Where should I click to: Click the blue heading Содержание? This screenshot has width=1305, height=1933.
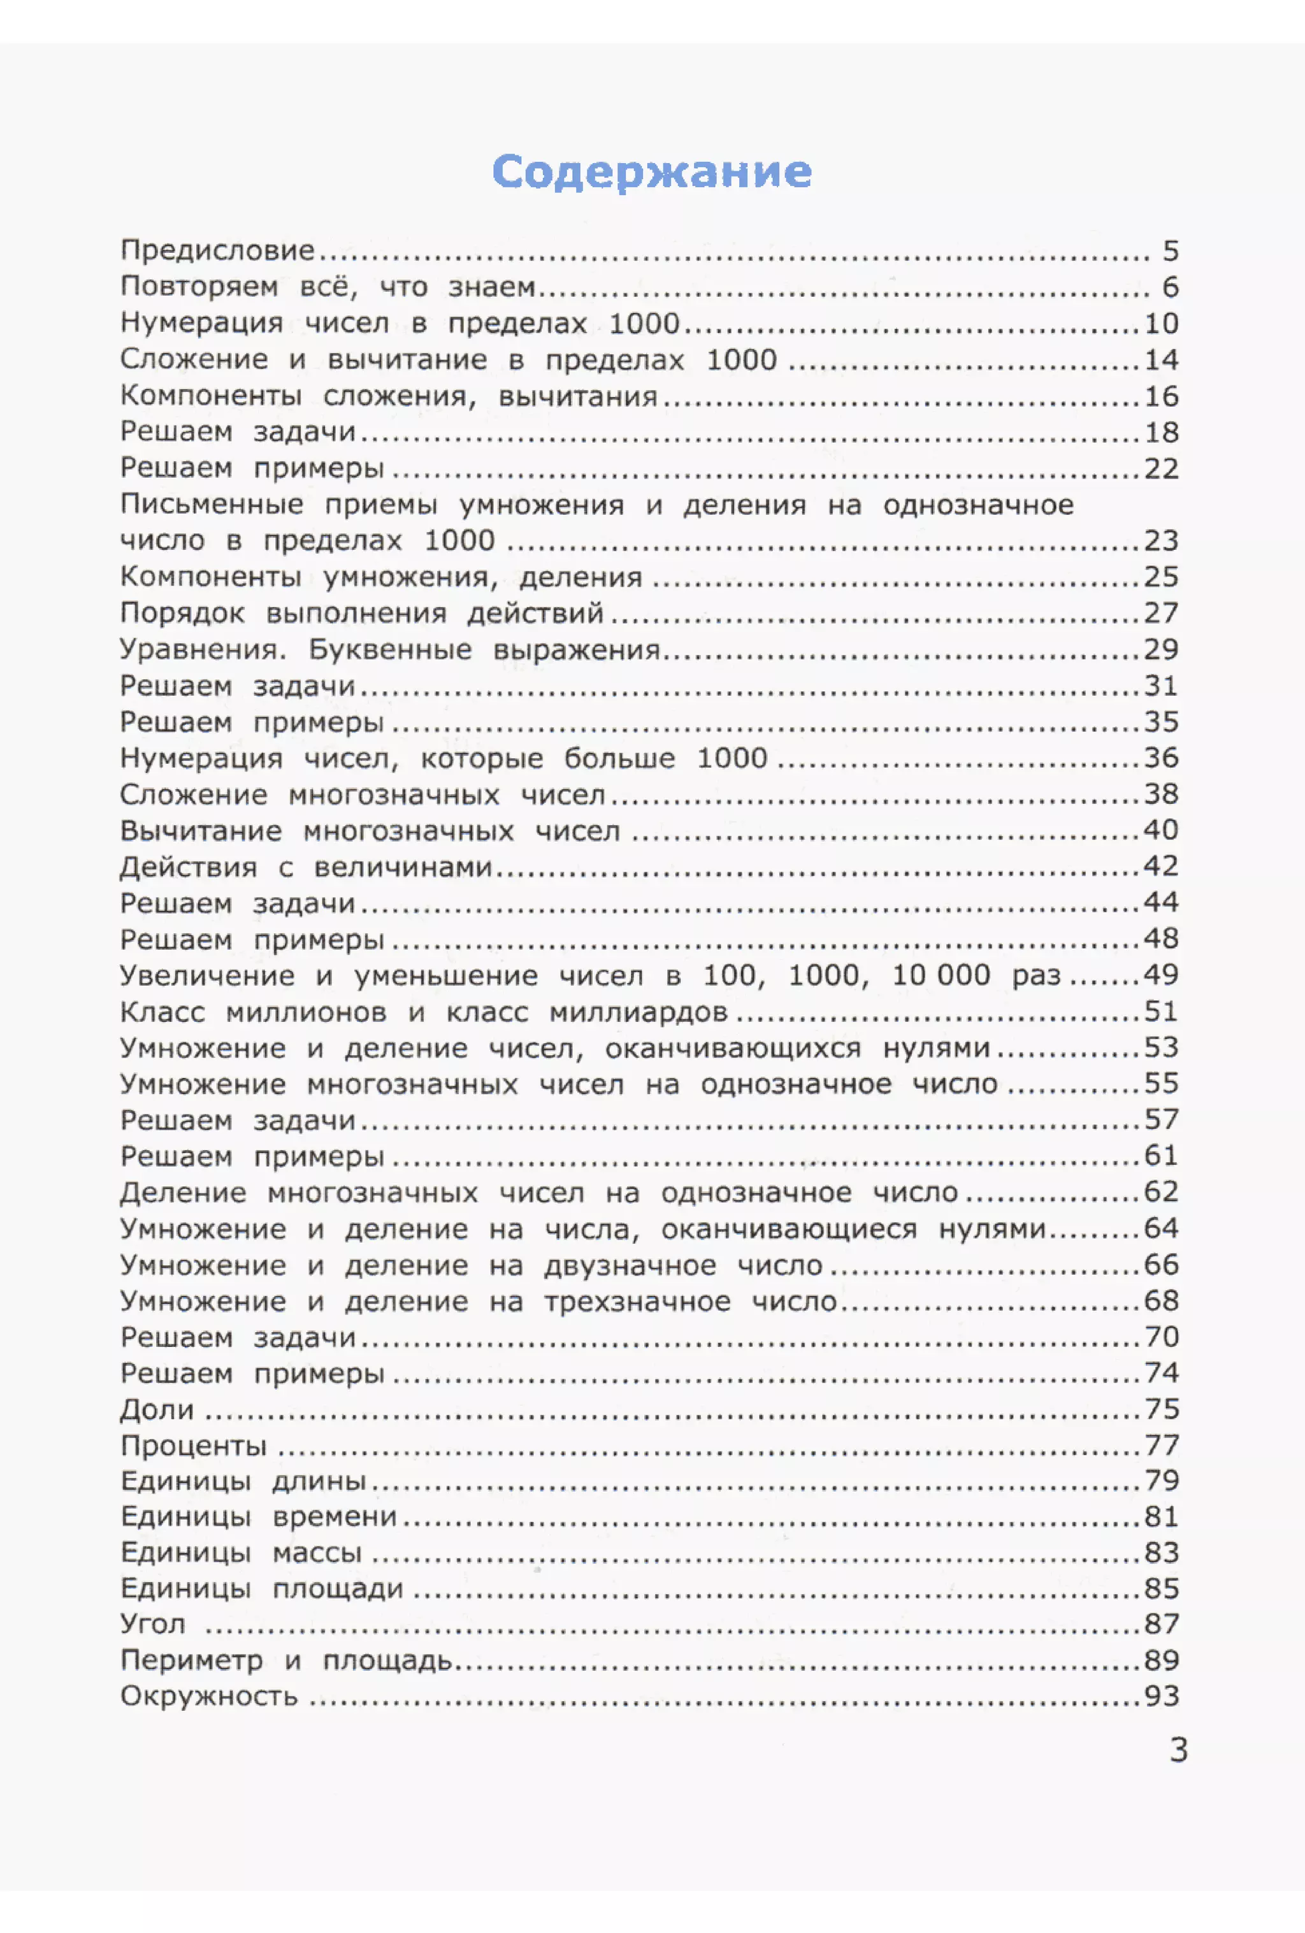point(651,172)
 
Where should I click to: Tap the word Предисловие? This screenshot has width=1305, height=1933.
point(218,250)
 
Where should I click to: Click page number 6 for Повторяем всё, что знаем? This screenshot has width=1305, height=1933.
point(1171,287)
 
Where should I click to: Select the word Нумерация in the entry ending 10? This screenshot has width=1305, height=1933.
point(201,323)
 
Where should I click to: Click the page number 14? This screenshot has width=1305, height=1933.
point(1161,359)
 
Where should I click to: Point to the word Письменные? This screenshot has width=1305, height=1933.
point(212,505)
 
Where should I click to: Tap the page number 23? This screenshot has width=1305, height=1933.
point(1161,541)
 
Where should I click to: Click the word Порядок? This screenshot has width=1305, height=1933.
point(182,613)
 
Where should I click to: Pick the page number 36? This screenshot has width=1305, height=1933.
point(1161,758)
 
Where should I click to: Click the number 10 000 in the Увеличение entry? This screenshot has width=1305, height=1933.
point(941,975)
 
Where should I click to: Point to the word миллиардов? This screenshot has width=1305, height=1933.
point(638,1012)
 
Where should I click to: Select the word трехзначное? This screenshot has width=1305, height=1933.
point(637,1302)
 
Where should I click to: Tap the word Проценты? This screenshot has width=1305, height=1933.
point(194,1446)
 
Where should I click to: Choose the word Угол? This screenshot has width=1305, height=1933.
point(153,1623)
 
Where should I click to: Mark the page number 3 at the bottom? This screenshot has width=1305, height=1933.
point(1179,1751)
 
